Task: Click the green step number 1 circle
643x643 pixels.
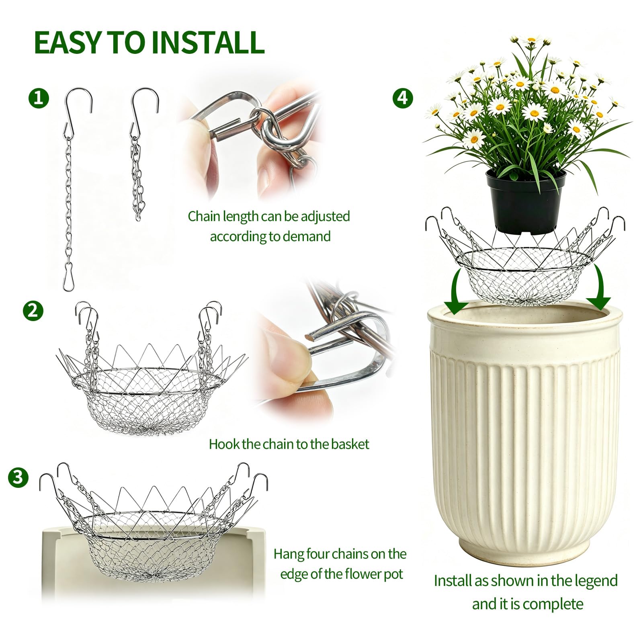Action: point(39,98)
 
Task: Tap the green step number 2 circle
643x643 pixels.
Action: point(33,311)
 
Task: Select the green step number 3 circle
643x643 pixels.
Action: point(18,477)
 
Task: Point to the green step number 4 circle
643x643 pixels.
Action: point(403,98)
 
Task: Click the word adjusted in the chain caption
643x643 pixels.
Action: point(325,217)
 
